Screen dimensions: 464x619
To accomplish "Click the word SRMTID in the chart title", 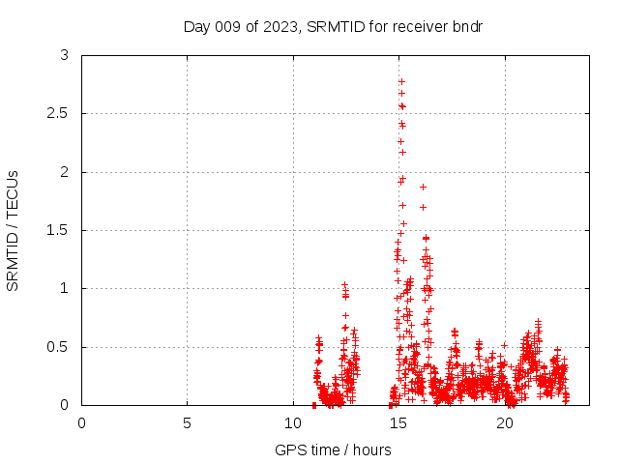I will (331, 26).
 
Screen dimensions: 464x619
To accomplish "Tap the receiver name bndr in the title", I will (466, 26).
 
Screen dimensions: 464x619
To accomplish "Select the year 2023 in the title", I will (280, 26).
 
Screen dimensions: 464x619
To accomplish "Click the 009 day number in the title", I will (232, 26).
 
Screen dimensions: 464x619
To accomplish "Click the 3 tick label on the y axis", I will (65, 56).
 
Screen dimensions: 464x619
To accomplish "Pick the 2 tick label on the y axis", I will (65, 172).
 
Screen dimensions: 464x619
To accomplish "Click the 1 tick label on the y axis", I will (65, 289).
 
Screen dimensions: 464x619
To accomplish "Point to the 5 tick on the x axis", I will (187, 423).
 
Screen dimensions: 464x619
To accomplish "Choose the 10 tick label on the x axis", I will (293, 423).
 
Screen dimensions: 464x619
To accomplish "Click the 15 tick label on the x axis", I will (398, 423).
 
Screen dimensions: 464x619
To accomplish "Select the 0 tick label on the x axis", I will (81, 423).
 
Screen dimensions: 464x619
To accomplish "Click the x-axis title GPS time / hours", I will (333, 449).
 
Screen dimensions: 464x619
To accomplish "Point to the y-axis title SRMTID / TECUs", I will (14, 230).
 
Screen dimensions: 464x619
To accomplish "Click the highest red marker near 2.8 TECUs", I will (401, 81).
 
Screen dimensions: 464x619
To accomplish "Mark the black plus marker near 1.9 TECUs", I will (423, 187).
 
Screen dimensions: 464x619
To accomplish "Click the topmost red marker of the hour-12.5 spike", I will (344, 285).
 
